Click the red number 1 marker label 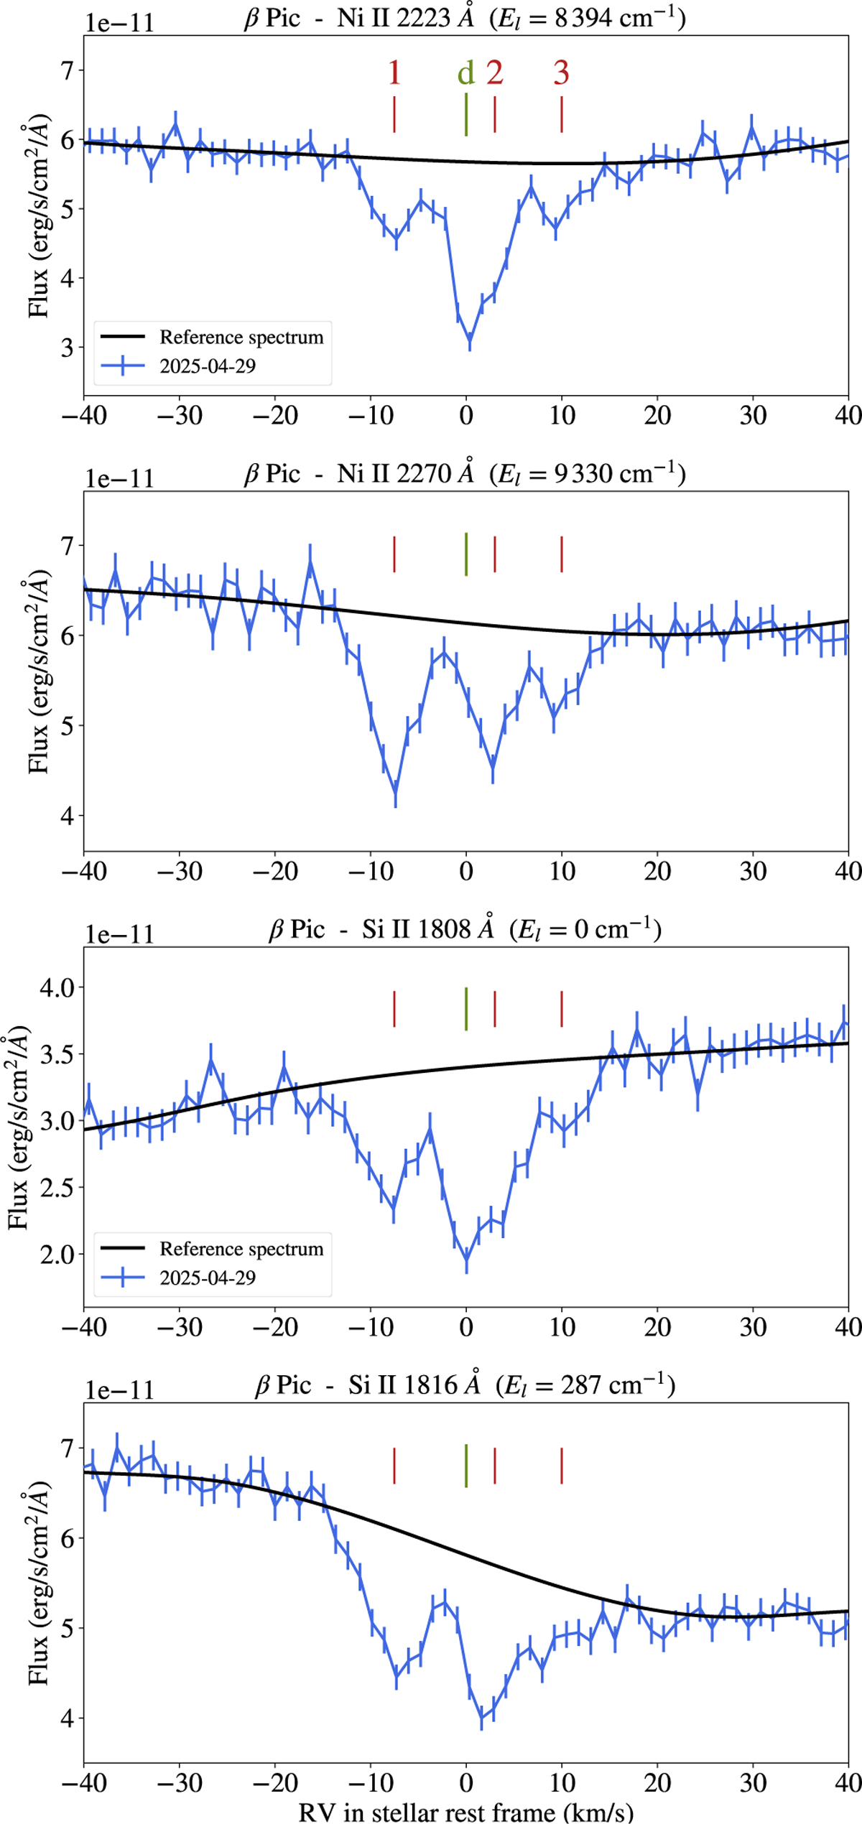[x=394, y=73]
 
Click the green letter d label [x=466, y=73]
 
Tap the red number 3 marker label [x=561, y=73]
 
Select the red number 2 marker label [x=494, y=73]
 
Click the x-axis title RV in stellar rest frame [x=466, y=1811]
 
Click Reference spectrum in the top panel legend [x=241, y=337]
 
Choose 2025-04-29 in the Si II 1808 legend [x=208, y=1278]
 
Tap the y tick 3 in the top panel [x=67, y=348]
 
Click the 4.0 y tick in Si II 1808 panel [x=57, y=987]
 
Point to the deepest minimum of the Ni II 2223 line [x=470, y=340]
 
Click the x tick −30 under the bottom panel [x=180, y=1782]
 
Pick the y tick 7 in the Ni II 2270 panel [x=67, y=546]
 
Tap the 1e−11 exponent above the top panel [x=119, y=23]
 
